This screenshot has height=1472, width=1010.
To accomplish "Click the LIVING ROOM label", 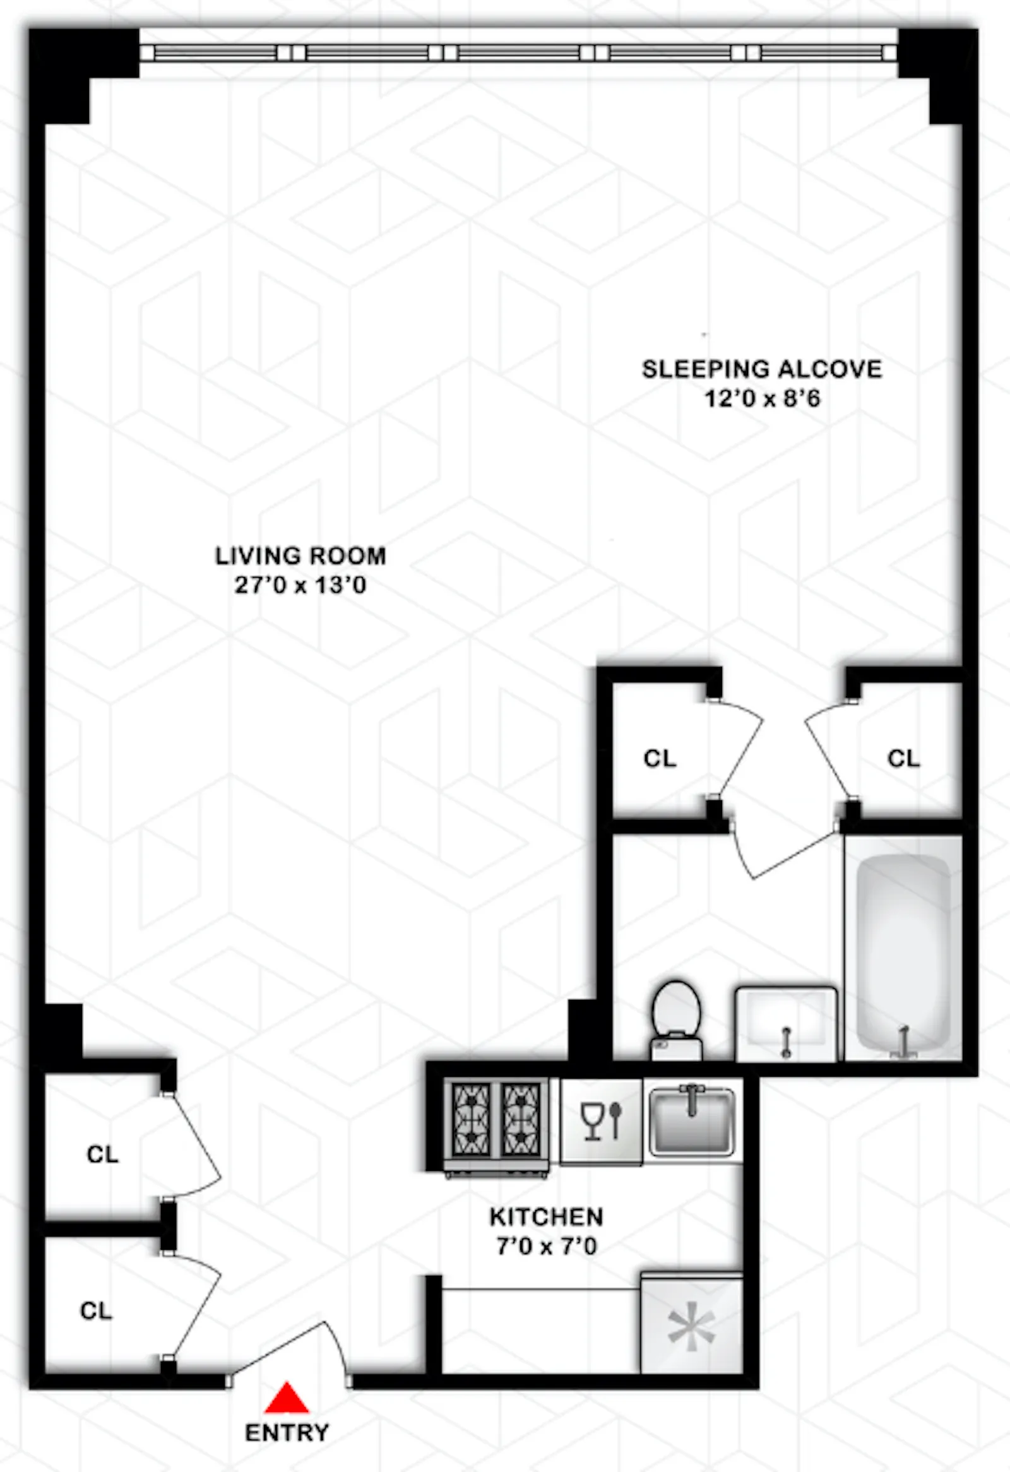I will pyautogui.click(x=300, y=556).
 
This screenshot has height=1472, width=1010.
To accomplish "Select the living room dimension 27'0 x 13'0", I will pyautogui.click(x=300, y=585).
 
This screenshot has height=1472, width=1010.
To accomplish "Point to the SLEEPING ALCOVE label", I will pyautogui.click(x=762, y=369).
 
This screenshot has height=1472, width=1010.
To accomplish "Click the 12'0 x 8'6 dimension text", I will pyautogui.click(x=763, y=398).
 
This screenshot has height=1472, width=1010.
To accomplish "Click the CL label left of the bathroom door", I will pyautogui.click(x=660, y=758).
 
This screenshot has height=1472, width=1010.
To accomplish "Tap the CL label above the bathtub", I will pyautogui.click(x=903, y=758).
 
